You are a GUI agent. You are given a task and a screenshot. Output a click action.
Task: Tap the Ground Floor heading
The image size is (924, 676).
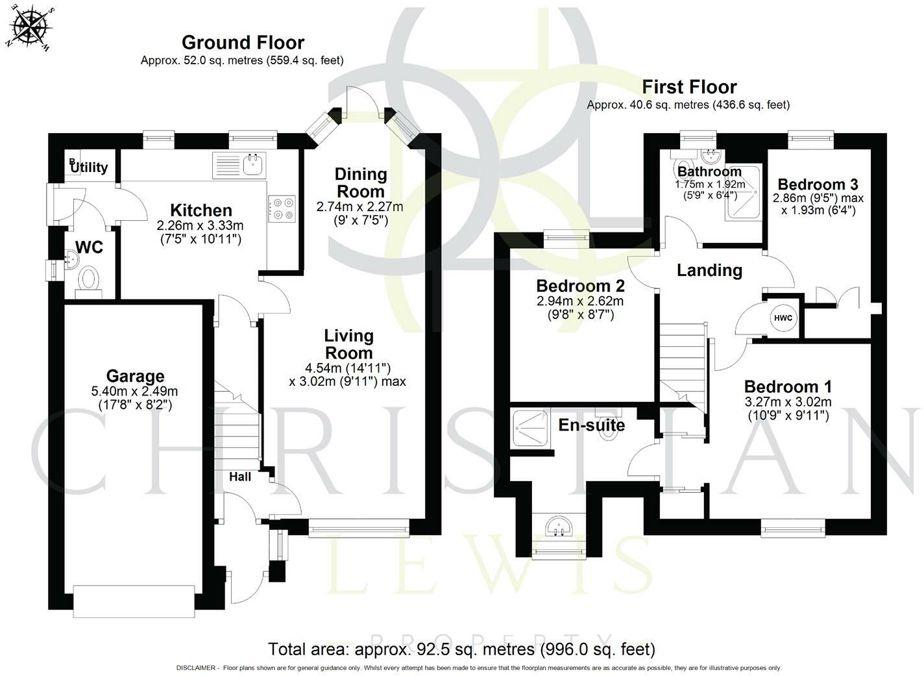[x=243, y=42]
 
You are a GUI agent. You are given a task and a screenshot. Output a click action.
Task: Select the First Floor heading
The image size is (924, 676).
[x=689, y=87]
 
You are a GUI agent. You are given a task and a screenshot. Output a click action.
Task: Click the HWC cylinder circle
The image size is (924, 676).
[x=783, y=318]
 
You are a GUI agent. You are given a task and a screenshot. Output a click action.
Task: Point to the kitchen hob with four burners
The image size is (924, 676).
[x=282, y=209]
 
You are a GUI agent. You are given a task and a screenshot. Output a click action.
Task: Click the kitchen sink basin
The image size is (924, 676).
[x=254, y=164]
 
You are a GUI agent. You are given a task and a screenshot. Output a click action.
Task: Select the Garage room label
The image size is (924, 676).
[x=136, y=376]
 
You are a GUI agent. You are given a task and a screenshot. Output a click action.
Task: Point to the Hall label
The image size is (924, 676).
[x=240, y=477]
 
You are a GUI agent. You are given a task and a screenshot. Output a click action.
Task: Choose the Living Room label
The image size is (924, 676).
[x=349, y=344]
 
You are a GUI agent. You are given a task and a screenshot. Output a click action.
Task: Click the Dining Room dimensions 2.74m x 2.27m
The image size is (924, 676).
[x=359, y=207]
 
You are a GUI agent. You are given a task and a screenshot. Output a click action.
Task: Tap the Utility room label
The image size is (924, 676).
[x=89, y=167]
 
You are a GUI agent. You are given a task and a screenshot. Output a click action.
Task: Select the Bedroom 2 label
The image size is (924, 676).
[x=580, y=286]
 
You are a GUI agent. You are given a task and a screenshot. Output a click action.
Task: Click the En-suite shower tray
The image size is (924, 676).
[x=530, y=428]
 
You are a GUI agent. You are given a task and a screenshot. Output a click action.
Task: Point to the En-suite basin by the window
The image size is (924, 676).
[x=558, y=527]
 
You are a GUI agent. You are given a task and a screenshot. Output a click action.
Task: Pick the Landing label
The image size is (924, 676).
[x=709, y=270]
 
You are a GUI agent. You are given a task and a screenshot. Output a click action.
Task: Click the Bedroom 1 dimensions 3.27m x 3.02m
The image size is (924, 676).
[x=788, y=401]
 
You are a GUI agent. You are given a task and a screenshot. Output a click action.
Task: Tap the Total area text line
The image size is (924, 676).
[x=461, y=649]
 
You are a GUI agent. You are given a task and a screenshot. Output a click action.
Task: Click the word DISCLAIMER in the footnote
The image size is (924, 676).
[x=196, y=668]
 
